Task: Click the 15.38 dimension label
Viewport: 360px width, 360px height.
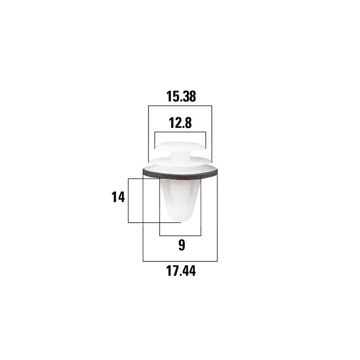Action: tap(181, 96)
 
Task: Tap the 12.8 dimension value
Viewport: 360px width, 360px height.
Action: tap(180, 123)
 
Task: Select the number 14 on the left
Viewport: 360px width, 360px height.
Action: tap(118, 197)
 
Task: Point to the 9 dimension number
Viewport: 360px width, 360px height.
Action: tap(182, 245)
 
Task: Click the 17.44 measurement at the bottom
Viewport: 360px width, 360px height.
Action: tap(181, 271)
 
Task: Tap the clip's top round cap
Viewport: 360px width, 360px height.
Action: tap(180, 146)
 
